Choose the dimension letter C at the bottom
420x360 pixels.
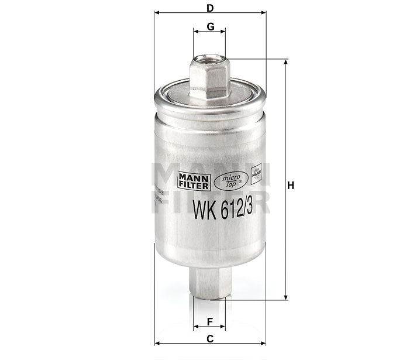[209, 339]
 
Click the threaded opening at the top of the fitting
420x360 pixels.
[209, 58]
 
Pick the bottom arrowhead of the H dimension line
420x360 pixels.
[286, 296]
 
